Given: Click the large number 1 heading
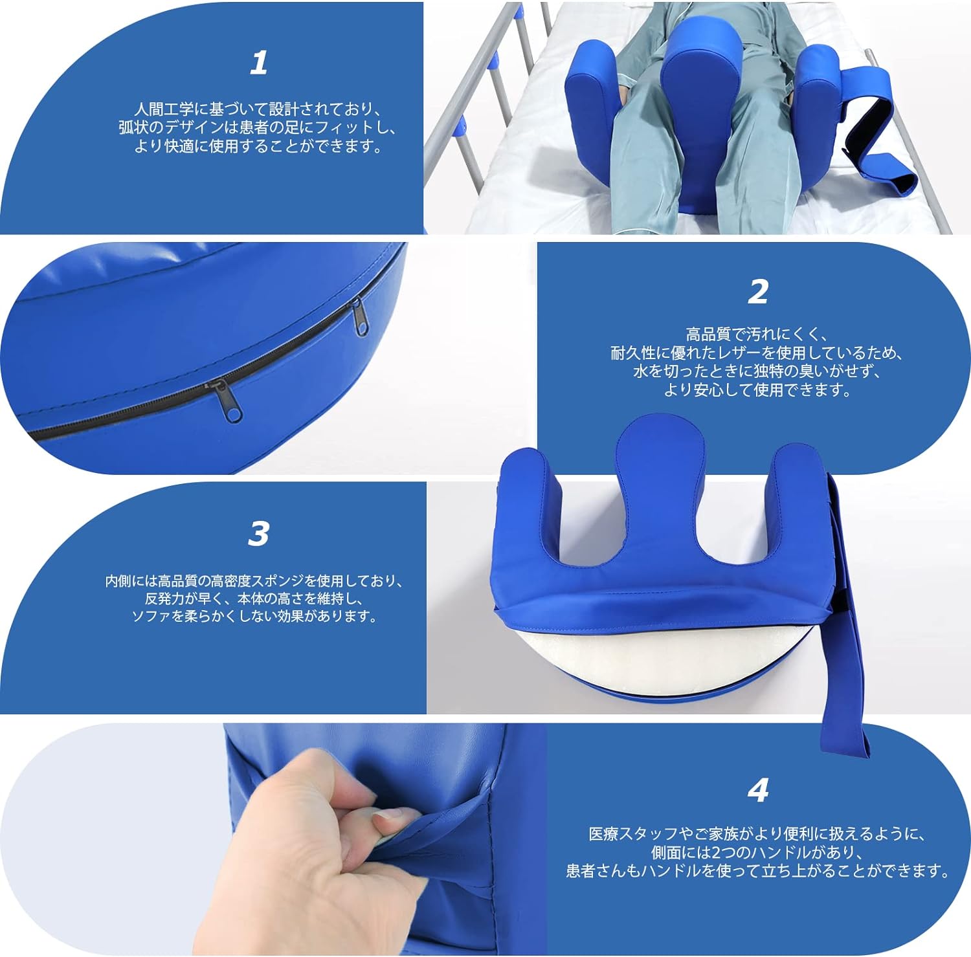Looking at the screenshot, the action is tap(259, 63).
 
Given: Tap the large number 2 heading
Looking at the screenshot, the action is tap(758, 292).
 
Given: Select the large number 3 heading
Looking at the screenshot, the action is tap(258, 534).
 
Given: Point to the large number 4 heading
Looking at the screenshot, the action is tap(758, 790).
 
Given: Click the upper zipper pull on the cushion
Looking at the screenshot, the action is tap(358, 317).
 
